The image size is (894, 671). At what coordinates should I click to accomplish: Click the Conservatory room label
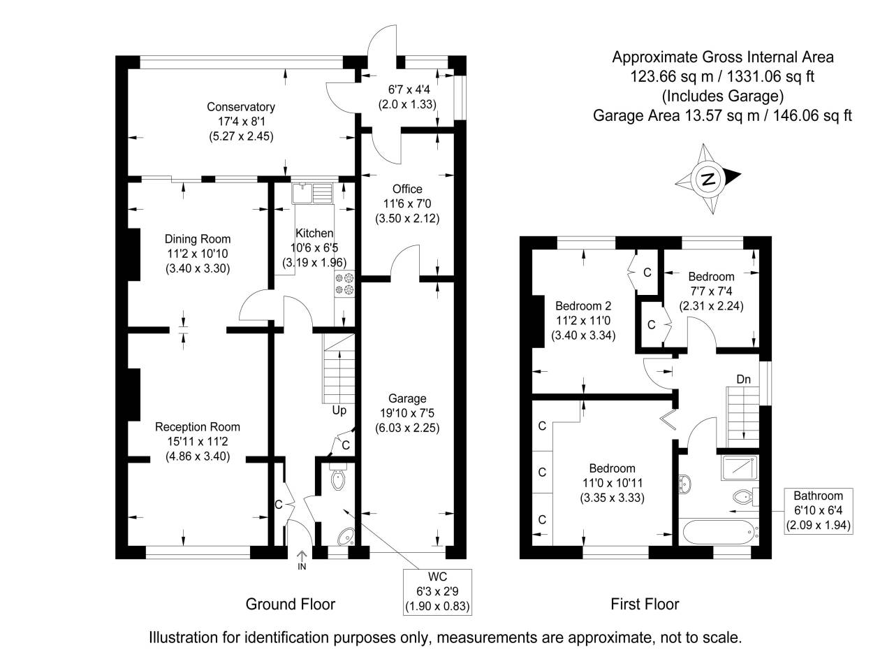click(241, 107)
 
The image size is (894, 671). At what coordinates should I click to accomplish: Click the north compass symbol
click(708, 179)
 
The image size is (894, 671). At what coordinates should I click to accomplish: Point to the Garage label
click(406, 398)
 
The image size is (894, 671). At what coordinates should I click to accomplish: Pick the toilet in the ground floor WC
click(338, 481)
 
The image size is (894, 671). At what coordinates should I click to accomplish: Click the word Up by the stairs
click(339, 410)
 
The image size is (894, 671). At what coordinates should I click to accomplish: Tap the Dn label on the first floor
click(743, 380)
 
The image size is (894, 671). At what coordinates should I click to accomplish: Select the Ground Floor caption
click(291, 604)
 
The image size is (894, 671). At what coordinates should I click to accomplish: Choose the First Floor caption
click(645, 604)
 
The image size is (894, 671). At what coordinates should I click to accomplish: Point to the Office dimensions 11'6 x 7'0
click(406, 203)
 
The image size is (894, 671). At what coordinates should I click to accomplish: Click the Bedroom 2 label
click(583, 305)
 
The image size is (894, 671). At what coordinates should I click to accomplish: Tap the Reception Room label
click(198, 427)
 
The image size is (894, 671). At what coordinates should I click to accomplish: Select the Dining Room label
click(198, 239)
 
